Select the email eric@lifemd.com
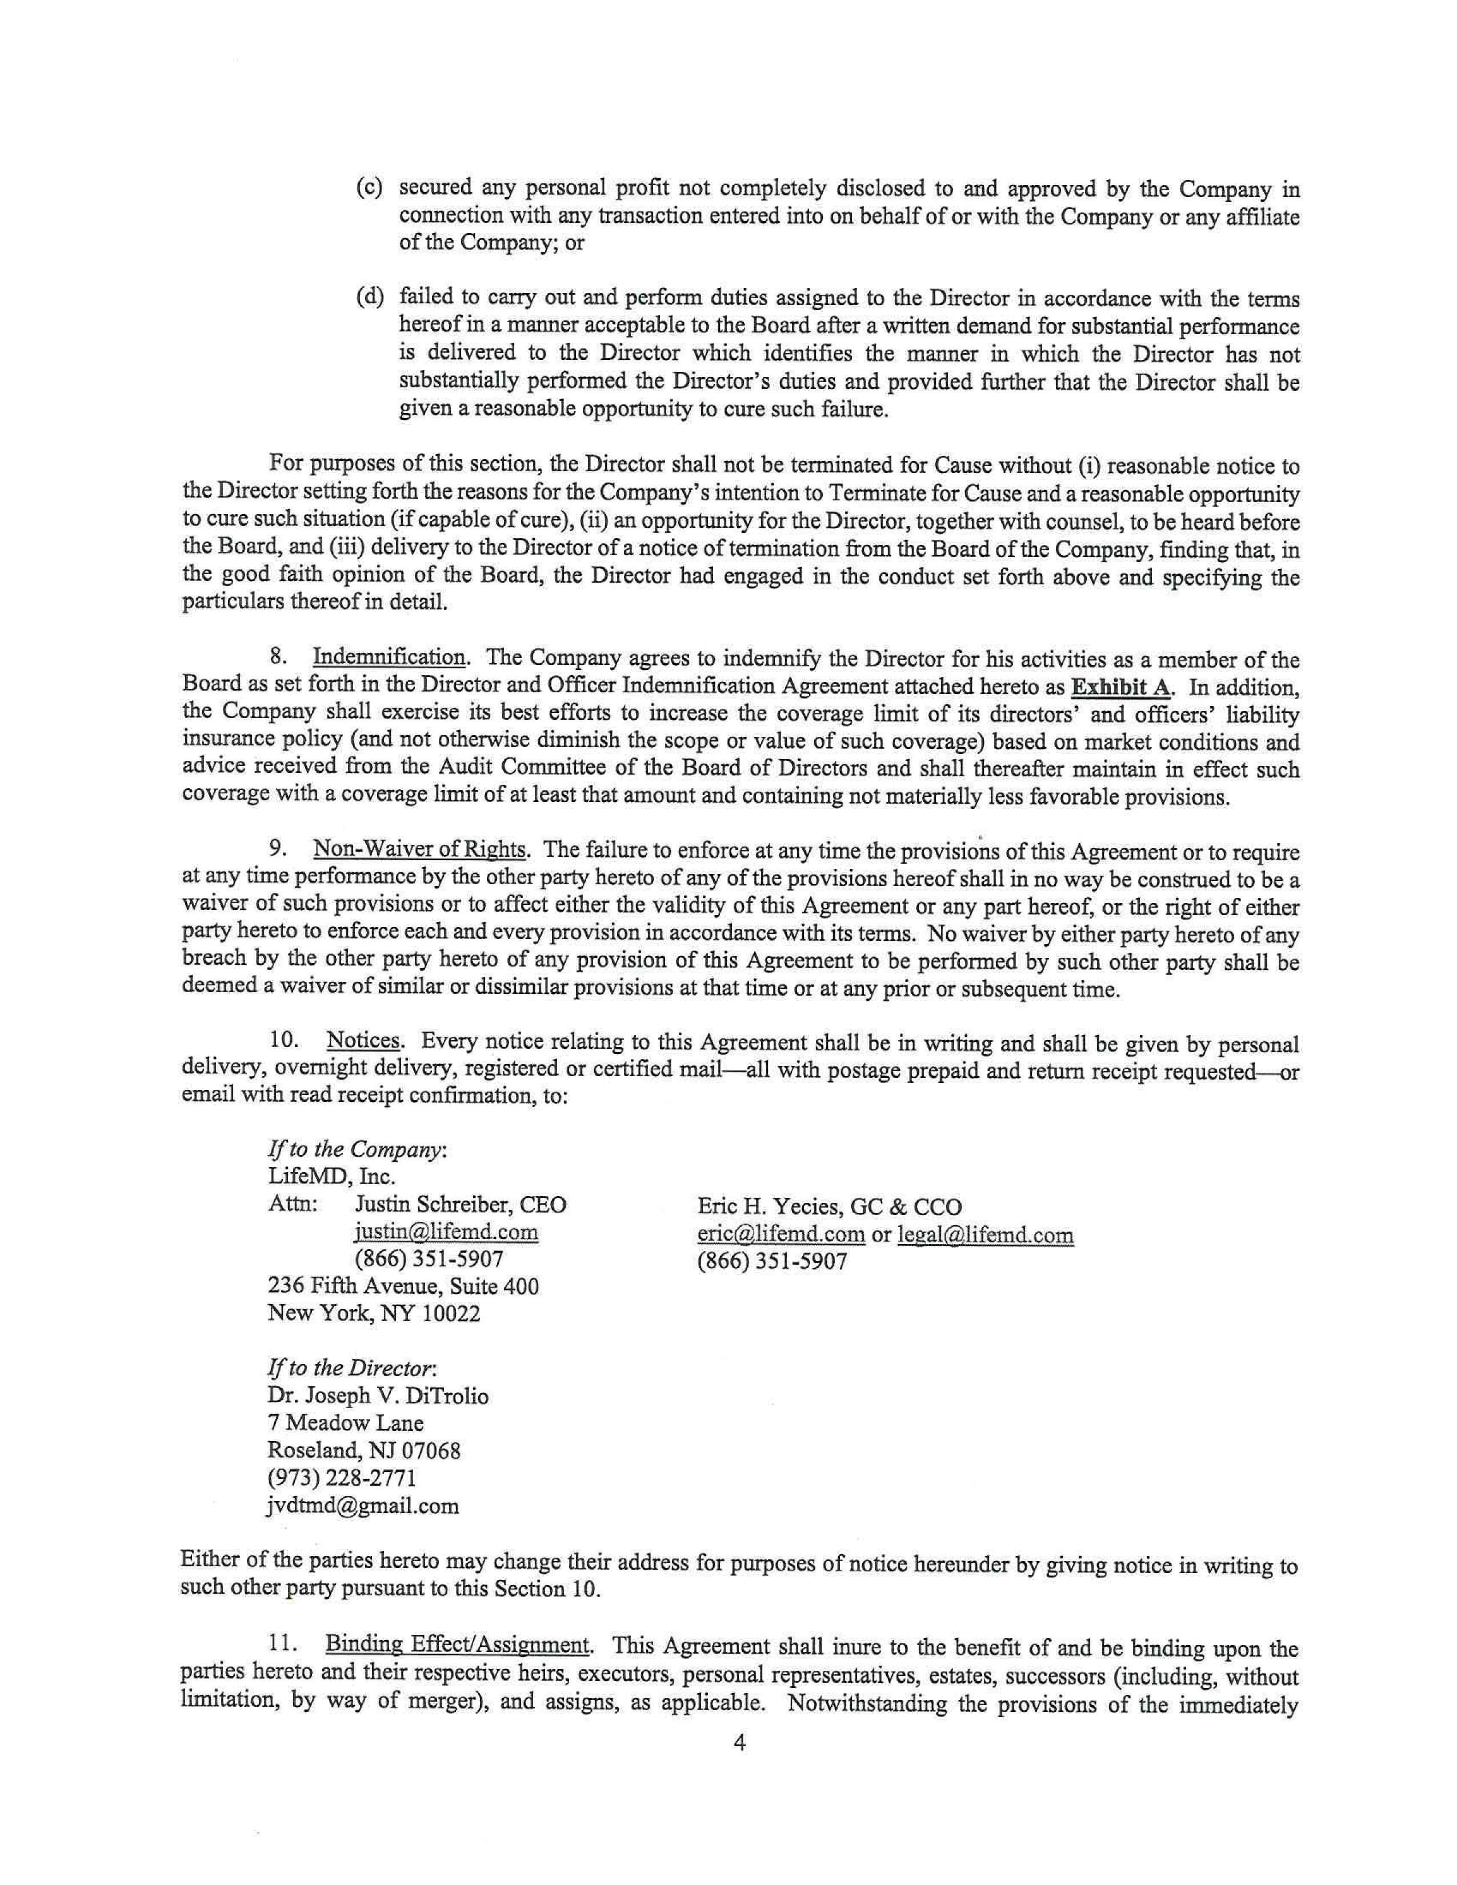(780, 1234)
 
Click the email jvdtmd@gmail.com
(363, 1507)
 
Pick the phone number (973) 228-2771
(343, 1478)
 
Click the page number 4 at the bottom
(739, 1743)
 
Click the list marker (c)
(370, 188)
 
